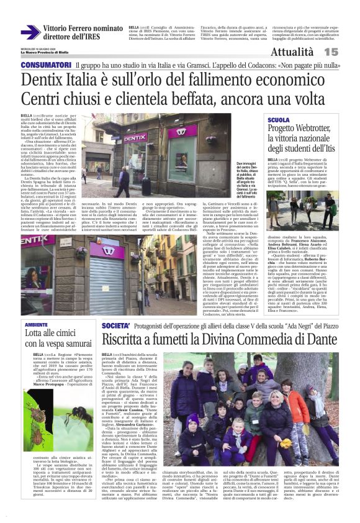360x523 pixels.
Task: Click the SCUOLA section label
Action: [x=280, y=119]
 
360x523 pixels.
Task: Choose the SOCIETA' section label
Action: [x=115, y=325]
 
